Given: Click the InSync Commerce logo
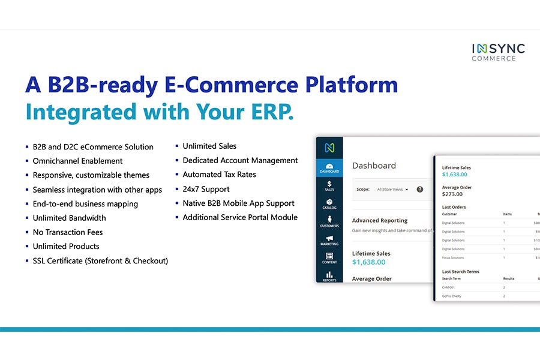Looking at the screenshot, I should tap(497, 52).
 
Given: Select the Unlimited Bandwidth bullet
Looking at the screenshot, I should tap(69, 218).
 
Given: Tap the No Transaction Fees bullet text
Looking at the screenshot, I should tap(67, 232).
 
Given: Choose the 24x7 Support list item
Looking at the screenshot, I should tap(206, 189).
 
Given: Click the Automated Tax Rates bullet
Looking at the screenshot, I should tap(219, 175).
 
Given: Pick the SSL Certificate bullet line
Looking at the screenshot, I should tap(100, 261).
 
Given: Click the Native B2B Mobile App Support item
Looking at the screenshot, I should tap(238, 203).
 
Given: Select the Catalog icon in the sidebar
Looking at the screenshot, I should tap(329, 203).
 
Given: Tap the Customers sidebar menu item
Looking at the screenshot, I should tap(329, 221).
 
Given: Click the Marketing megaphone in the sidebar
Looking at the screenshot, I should tap(329, 239).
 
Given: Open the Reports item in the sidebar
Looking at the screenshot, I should tap(329, 276).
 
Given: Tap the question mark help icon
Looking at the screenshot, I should tap(420, 190).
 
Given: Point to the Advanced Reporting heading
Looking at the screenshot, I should tap(380, 221).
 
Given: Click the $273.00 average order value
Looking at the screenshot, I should tap(453, 194).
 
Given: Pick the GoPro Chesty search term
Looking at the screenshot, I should tap(452, 296).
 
